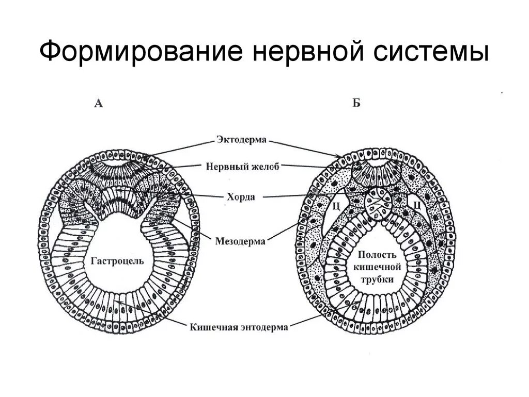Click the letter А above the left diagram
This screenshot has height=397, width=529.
click(x=99, y=104)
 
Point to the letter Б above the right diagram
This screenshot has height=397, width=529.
click(x=356, y=104)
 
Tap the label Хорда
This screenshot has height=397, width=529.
click(x=242, y=197)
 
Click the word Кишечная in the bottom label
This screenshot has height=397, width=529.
click(x=211, y=326)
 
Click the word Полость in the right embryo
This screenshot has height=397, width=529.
click(x=379, y=254)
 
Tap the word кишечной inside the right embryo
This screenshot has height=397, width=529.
click(x=378, y=267)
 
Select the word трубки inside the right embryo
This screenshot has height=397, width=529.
click(x=378, y=279)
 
